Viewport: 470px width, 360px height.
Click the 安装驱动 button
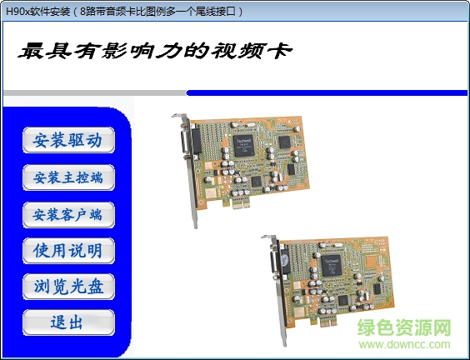(68, 140)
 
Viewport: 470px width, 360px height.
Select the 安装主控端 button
(68, 177)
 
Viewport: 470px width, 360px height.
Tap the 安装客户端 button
(68, 214)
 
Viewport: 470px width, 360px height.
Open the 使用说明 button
(68, 250)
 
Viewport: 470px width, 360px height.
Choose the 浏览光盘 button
(68, 287)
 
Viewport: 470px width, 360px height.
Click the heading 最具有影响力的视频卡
(154, 51)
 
